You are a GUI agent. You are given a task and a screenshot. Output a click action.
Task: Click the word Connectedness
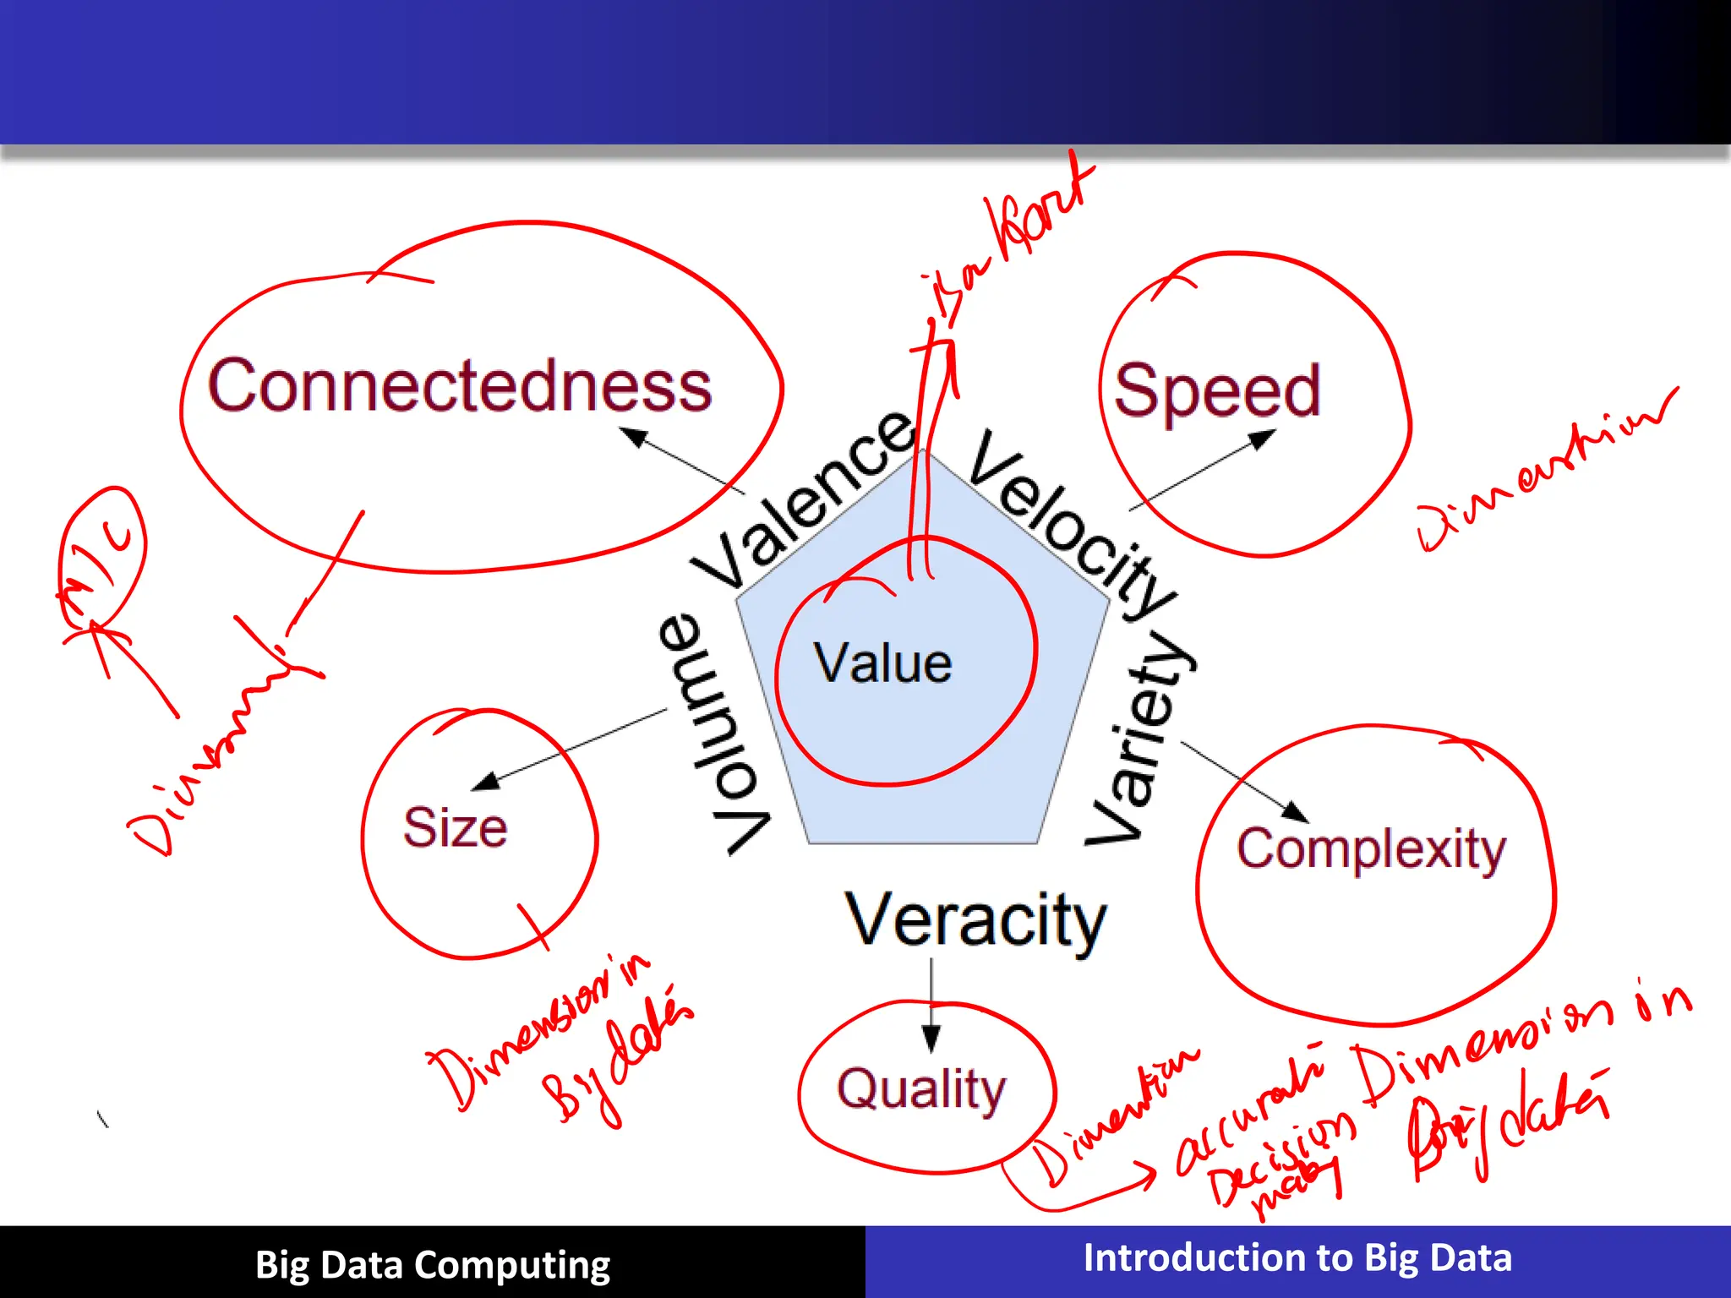point(460,386)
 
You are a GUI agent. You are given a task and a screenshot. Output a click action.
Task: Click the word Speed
point(1217,391)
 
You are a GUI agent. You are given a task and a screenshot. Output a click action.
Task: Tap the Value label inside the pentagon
point(882,663)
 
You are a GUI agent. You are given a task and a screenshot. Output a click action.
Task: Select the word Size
point(455,827)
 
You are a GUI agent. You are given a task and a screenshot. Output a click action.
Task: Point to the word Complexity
point(1371,849)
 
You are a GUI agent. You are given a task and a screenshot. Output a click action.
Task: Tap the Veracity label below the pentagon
point(975,920)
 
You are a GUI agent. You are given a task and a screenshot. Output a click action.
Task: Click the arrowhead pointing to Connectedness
point(634,436)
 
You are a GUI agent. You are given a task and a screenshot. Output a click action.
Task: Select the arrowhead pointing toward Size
point(485,782)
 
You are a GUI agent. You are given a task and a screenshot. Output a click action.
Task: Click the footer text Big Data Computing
point(432,1265)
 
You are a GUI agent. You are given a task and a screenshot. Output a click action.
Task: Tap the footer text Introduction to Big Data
point(1297,1258)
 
